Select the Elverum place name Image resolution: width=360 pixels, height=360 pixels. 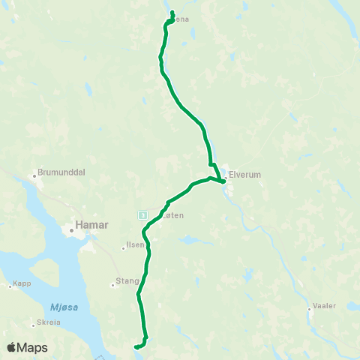pos(244,174)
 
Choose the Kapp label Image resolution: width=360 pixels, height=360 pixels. pos(22,285)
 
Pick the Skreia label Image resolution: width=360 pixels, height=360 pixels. pos(46,323)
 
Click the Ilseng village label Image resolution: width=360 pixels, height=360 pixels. pos(136,244)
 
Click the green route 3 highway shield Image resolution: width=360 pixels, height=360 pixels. pos(142,214)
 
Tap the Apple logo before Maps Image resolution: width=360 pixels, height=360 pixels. pos(12,347)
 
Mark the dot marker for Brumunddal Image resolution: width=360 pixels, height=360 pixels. pos(34,177)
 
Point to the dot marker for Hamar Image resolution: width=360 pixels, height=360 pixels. pos(73,231)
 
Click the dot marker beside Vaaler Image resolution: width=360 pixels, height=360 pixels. pos(309,308)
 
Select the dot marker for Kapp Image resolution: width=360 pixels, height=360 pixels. pos(10,285)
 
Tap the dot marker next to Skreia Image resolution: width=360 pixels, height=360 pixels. pos(33,324)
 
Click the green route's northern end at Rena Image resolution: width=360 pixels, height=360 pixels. pos(172,12)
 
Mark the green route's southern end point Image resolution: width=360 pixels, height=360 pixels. pos(136,347)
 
